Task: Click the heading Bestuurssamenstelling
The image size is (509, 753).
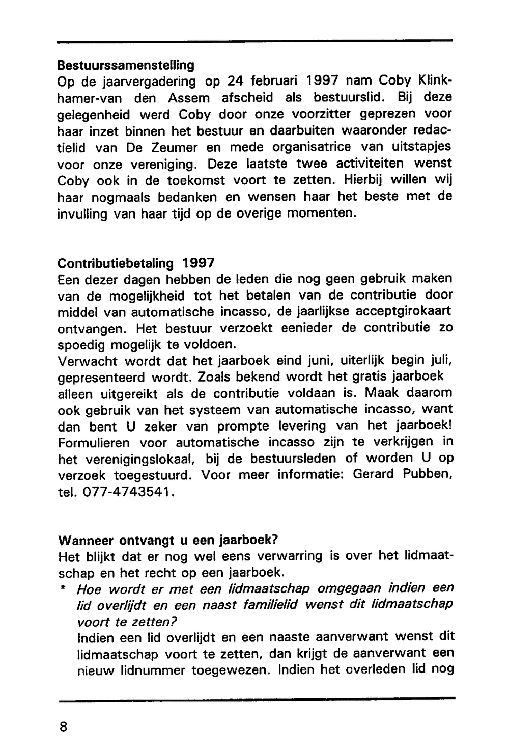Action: [126, 65]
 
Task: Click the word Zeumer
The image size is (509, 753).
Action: [175, 147]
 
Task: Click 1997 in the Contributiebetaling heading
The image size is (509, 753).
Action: [199, 263]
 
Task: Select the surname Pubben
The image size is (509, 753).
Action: [427, 475]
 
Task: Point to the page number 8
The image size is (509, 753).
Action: [63, 727]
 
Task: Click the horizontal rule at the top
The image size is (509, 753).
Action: [254, 41]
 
